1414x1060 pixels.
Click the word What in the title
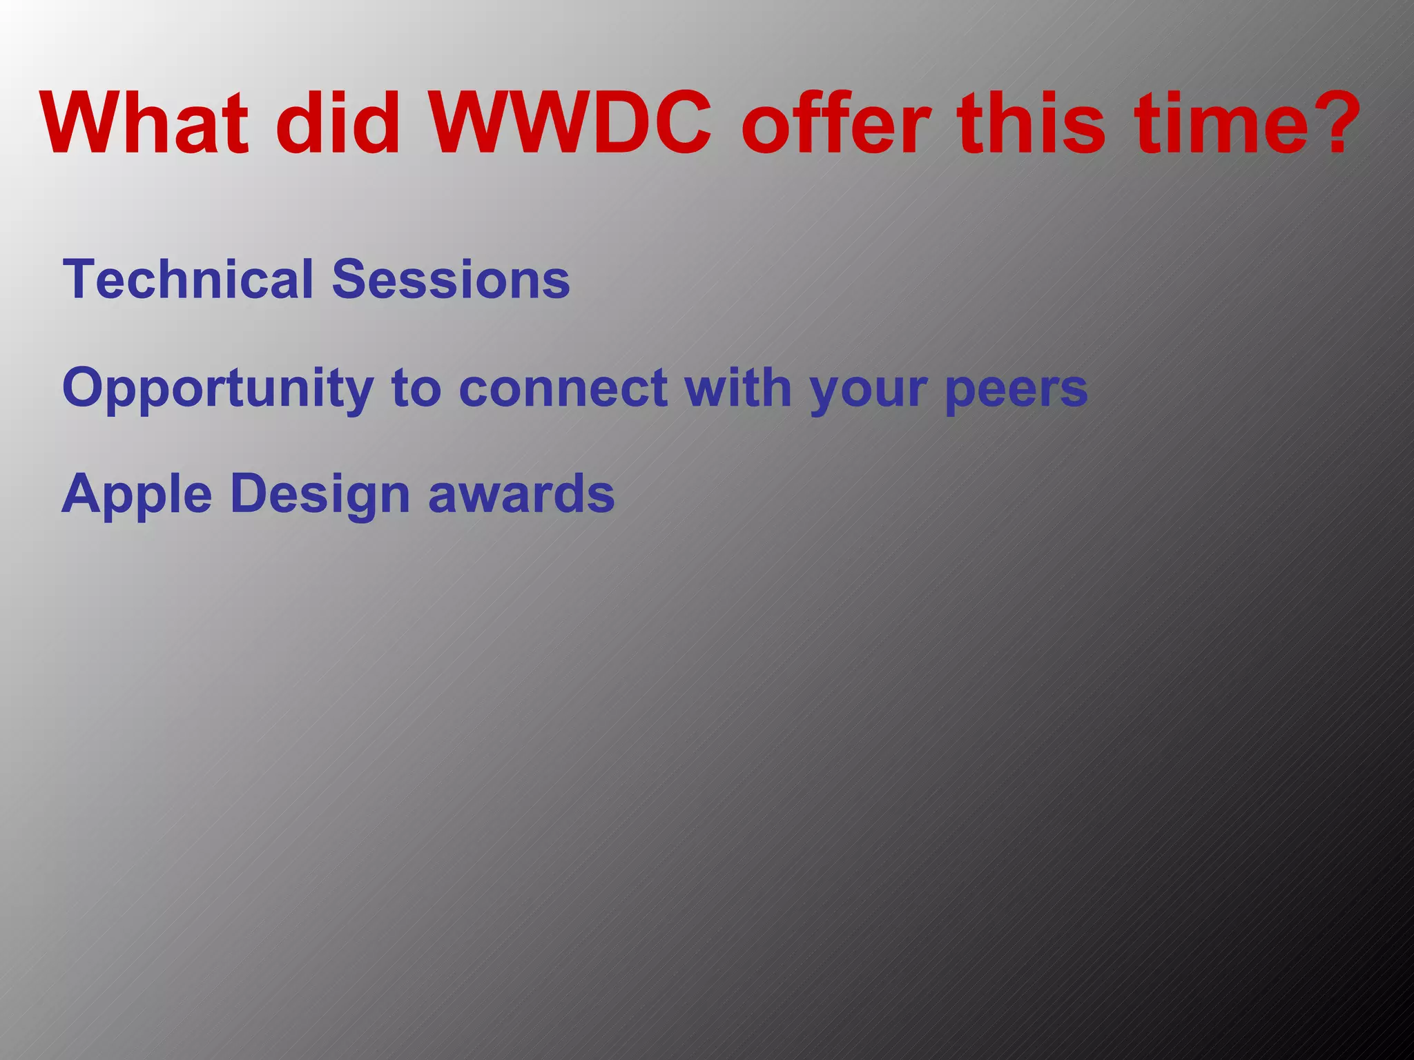click(x=144, y=124)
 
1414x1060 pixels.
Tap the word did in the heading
click(x=338, y=124)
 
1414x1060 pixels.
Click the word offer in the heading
click(x=836, y=124)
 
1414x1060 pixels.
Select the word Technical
click(x=188, y=279)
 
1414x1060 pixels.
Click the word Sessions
click(x=451, y=279)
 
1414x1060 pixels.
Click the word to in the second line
click(x=416, y=389)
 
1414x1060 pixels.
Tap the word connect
click(x=563, y=389)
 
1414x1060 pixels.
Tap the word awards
click(x=521, y=494)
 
